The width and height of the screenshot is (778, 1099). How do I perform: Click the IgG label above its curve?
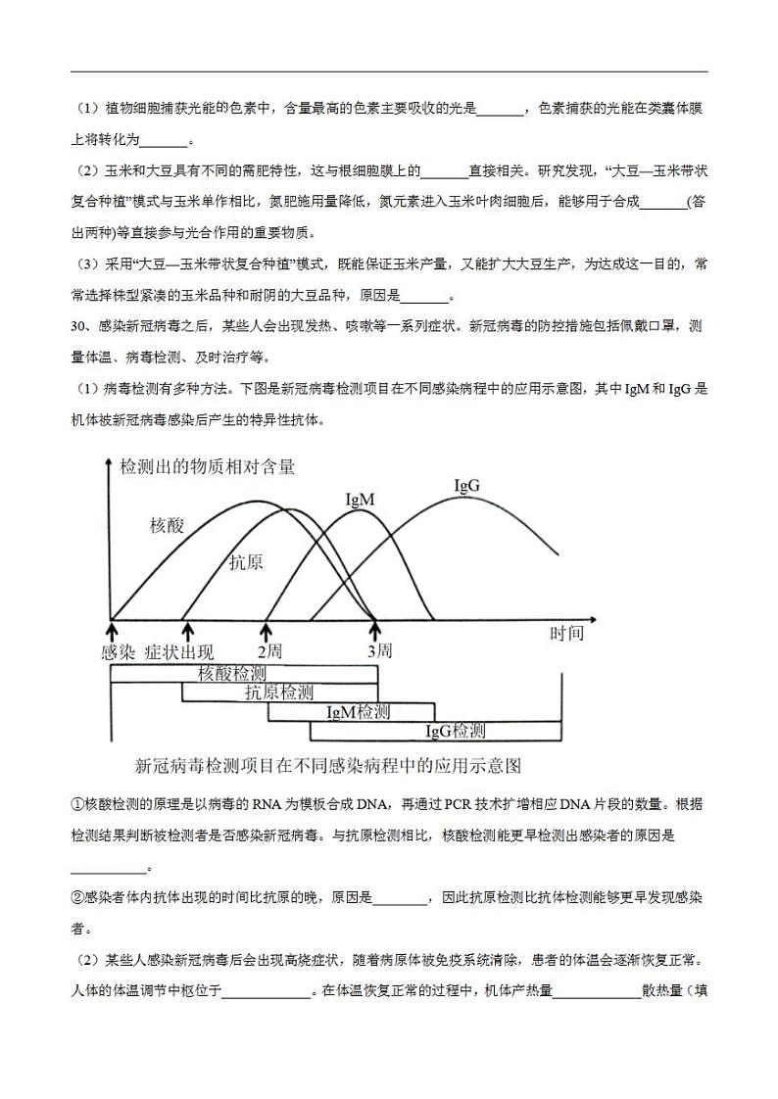click(x=466, y=486)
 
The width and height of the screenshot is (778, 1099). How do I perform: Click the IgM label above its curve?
click(x=361, y=500)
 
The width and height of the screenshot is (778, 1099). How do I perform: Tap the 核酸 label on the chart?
click(x=167, y=526)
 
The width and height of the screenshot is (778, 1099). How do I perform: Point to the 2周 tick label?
click(x=269, y=650)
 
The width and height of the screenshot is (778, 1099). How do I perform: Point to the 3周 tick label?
click(x=379, y=650)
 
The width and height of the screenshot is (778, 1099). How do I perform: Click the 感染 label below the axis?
click(x=117, y=651)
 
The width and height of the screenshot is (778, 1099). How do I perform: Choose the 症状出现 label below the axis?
click(x=179, y=651)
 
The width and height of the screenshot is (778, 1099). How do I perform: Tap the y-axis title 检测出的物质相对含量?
click(x=207, y=467)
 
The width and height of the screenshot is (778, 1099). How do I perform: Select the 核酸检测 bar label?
click(x=232, y=674)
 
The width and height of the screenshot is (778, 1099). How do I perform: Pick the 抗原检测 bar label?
click(x=279, y=693)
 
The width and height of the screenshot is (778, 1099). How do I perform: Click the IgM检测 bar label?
click(x=358, y=712)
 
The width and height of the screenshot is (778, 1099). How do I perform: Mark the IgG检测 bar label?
click(x=455, y=731)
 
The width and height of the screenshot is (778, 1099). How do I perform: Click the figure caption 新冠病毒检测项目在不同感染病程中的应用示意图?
click(x=326, y=765)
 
